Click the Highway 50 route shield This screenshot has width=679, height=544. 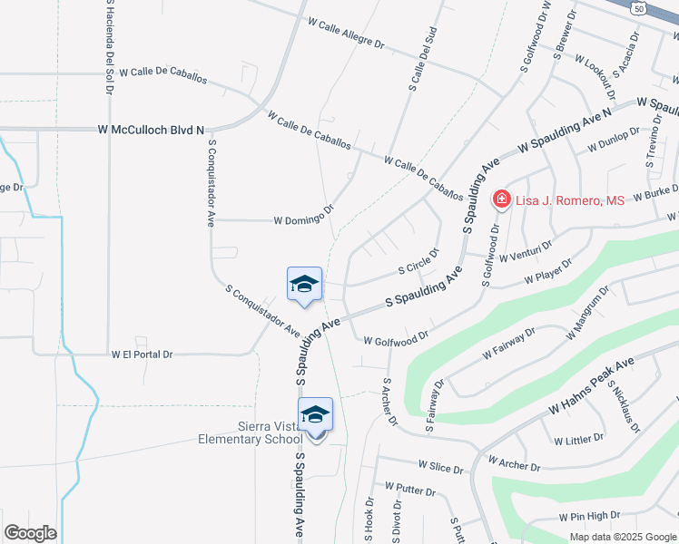pyautogui.click(x=640, y=7)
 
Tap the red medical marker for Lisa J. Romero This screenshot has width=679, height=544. pyautogui.click(x=500, y=199)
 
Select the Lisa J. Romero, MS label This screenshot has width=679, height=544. pyautogui.click(x=570, y=200)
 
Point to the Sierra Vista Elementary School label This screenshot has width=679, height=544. pyautogui.click(x=251, y=433)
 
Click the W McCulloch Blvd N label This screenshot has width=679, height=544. pyautogui.click(x=152, y=131)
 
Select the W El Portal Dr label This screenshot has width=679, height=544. pyautogui.click(x=142, y=355)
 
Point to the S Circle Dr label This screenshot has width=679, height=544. pyautogui.click(x=419, y=263)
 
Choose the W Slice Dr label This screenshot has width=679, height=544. pyautogui.click(x=440, y=467)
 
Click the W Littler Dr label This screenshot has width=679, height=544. pyautogui.click(x=578, y=439)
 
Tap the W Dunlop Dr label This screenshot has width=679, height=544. pyautogui.click(x=615, y=139)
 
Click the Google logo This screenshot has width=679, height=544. pyautogui.click(x=30, y=533)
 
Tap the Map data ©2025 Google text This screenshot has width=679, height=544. pyautogui.click(x=623, y=536)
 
